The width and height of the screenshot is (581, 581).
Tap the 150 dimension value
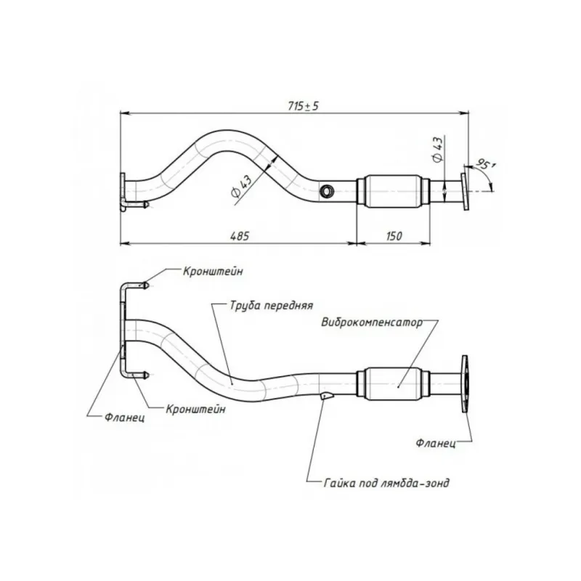(x=394, y=236)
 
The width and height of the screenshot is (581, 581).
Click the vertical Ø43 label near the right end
(x=437, y=150)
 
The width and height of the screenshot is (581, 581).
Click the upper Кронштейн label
(x=208, y=272)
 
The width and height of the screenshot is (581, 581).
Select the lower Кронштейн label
(x=195, y=409)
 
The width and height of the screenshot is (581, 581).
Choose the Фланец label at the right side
(x=436, y=442)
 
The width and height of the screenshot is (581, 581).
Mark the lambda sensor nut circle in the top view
(x=327, y=191)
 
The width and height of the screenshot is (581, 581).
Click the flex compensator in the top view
(x=392, y=191)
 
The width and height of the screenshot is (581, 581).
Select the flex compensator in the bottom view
(x=395, y=381)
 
